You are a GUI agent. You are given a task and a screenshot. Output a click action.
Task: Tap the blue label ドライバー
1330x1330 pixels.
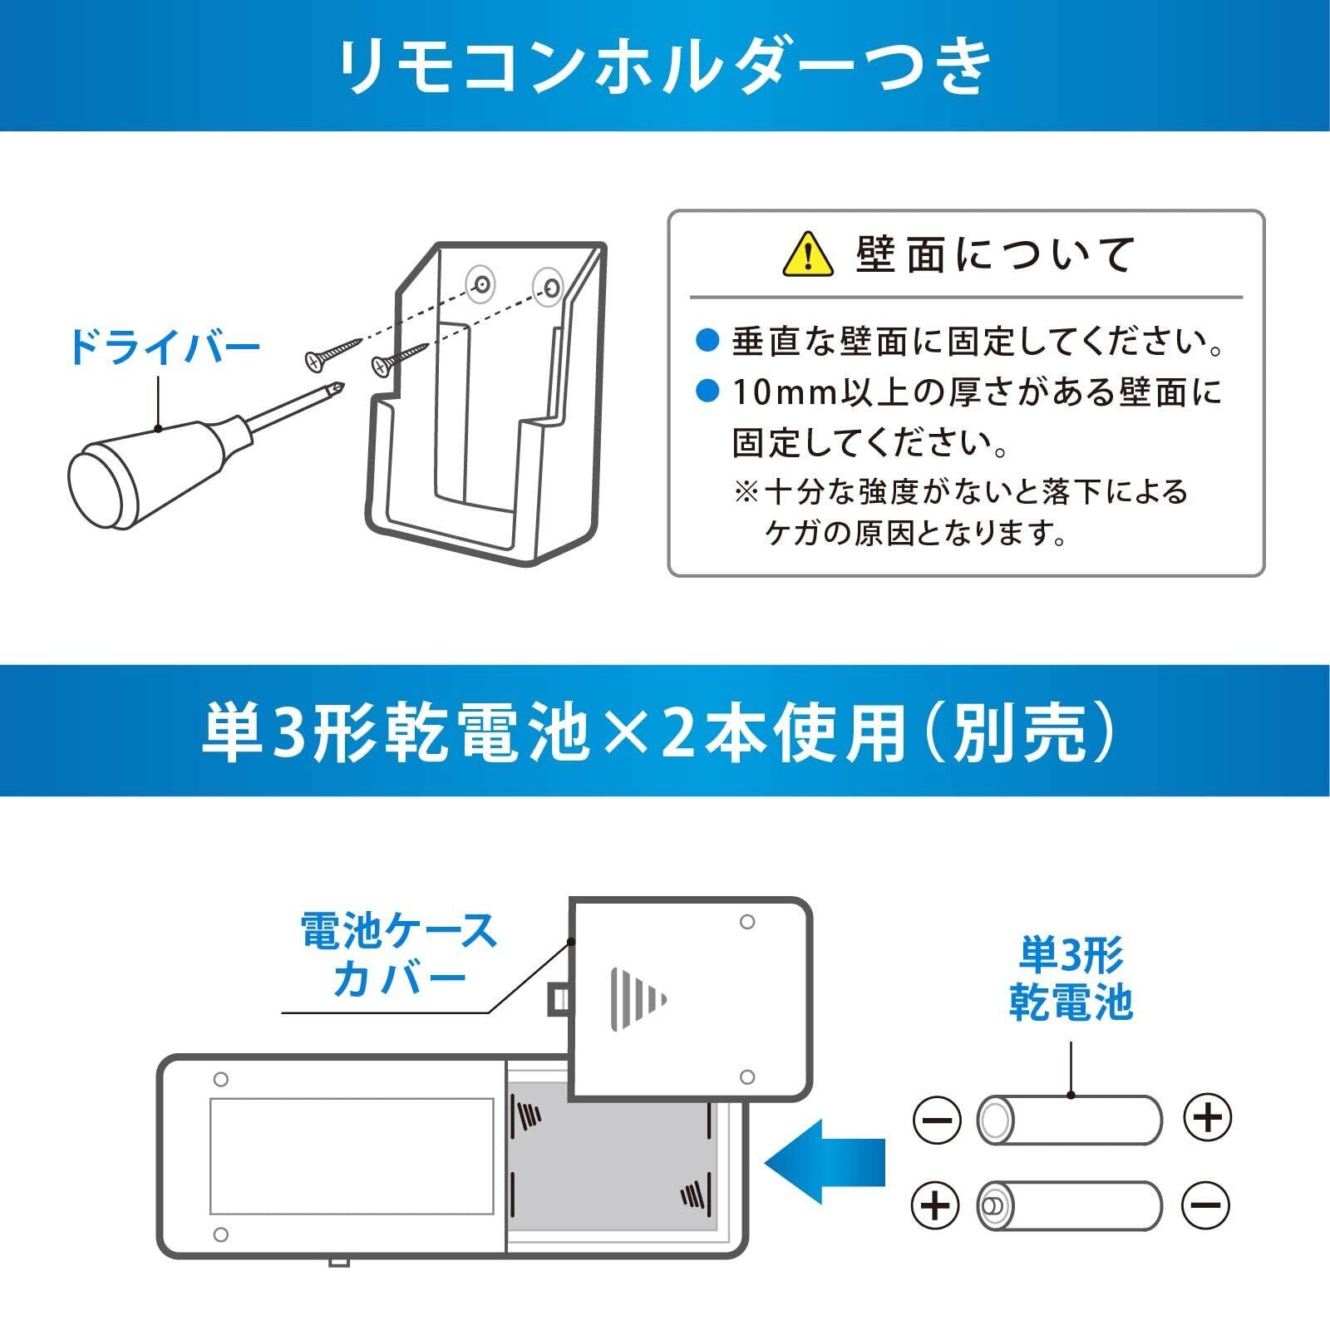click(x=165, y=348)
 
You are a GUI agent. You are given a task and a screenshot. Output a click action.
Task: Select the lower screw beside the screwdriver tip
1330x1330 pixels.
click(x=397, y=359)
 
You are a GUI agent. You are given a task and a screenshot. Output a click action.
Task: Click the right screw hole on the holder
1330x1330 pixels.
click(x=549, y=286)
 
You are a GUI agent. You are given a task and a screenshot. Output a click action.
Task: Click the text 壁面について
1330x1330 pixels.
click(x=994, y=255)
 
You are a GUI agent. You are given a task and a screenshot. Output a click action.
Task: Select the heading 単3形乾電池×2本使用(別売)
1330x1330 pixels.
click(x=665, y=731)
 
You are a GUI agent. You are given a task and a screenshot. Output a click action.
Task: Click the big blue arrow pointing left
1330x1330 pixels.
click(x=824, y=1160)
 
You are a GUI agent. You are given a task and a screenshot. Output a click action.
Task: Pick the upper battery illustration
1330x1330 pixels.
click(x=1069, y=1120)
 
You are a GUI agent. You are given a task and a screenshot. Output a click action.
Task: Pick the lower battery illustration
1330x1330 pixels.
click(x=1069, y=1205)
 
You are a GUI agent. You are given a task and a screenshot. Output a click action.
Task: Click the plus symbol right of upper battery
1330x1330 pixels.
click(x=1207, y=1118)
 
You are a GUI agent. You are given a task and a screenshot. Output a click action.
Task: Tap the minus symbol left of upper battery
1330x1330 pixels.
click(x=937, y=1120)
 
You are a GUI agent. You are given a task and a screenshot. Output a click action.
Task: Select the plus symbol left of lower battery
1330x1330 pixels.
click(x=936, y=1205)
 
